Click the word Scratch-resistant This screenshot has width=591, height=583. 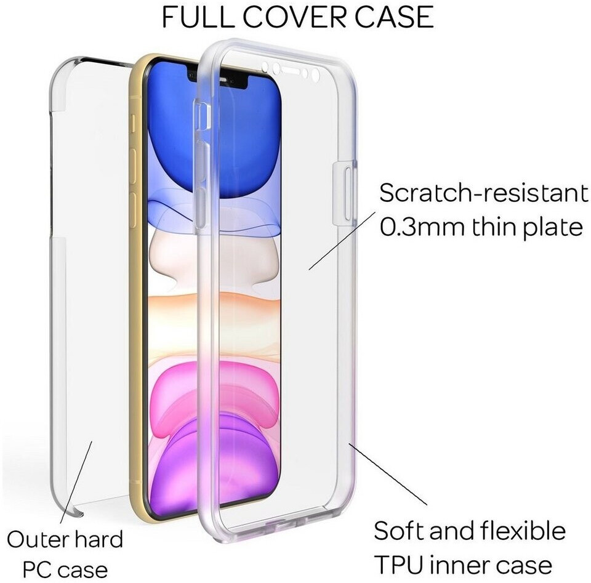coord(483,194)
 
